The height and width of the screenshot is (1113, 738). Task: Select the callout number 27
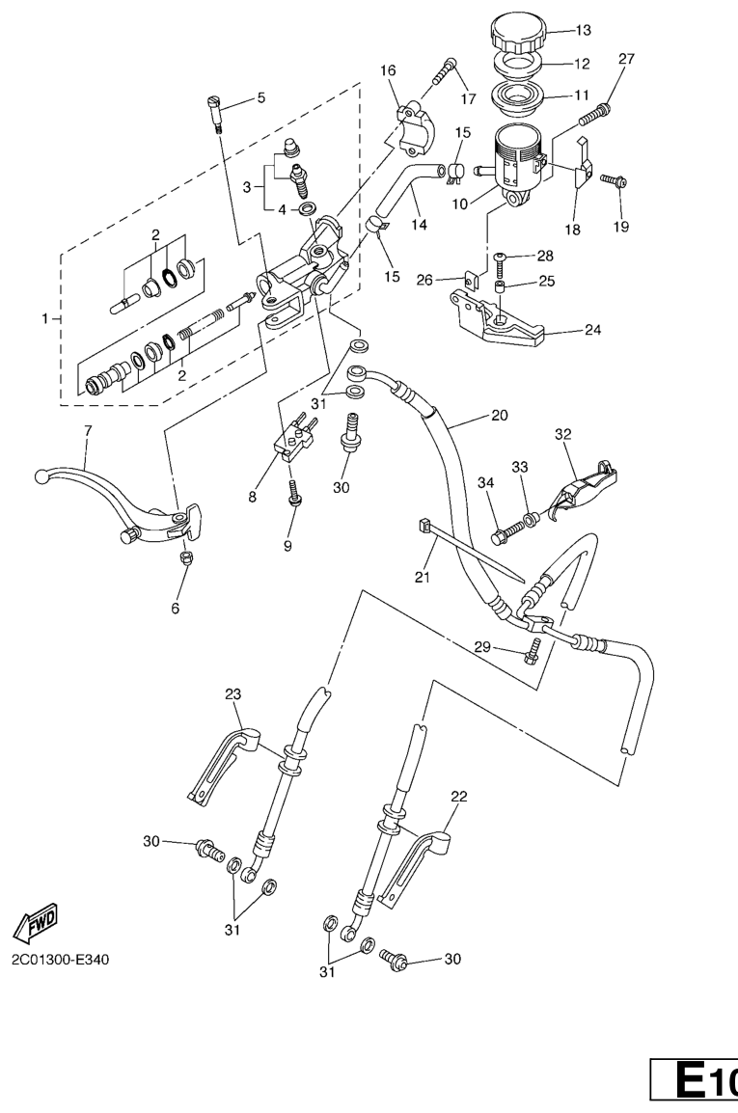tap(626, 59)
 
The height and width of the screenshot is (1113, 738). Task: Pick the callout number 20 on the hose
tap(498, 417)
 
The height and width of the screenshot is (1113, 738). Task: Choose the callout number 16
tap(389, 70)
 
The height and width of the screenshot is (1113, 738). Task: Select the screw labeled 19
tap(614, 180)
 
